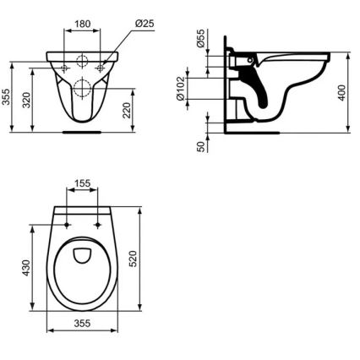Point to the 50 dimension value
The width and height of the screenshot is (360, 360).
[201, 145]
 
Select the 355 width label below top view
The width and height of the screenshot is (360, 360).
[82, 346]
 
